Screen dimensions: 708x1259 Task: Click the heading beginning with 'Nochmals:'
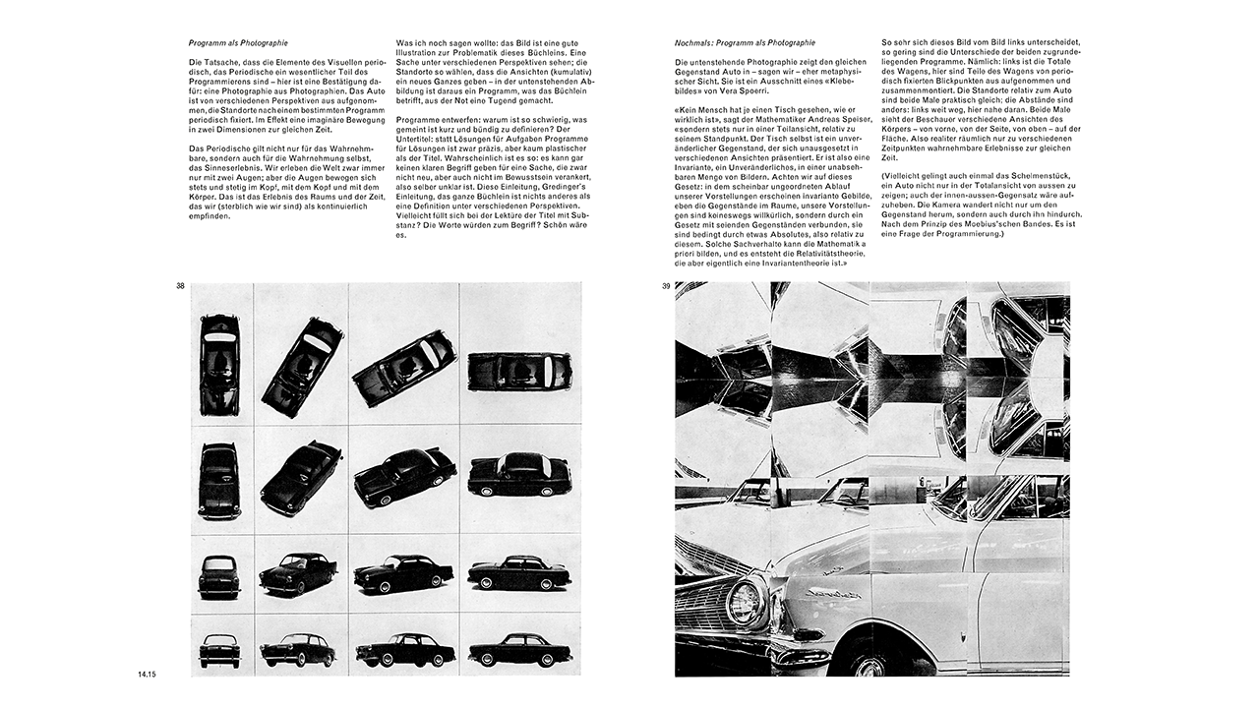(745, 43)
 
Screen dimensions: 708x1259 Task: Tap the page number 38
(180, 286)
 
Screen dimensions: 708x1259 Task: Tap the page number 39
(666, 286)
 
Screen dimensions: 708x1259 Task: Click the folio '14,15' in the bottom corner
(149, 674)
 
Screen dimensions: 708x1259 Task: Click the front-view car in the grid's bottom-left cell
(219, 649)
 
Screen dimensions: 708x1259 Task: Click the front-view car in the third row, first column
(219, 575)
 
